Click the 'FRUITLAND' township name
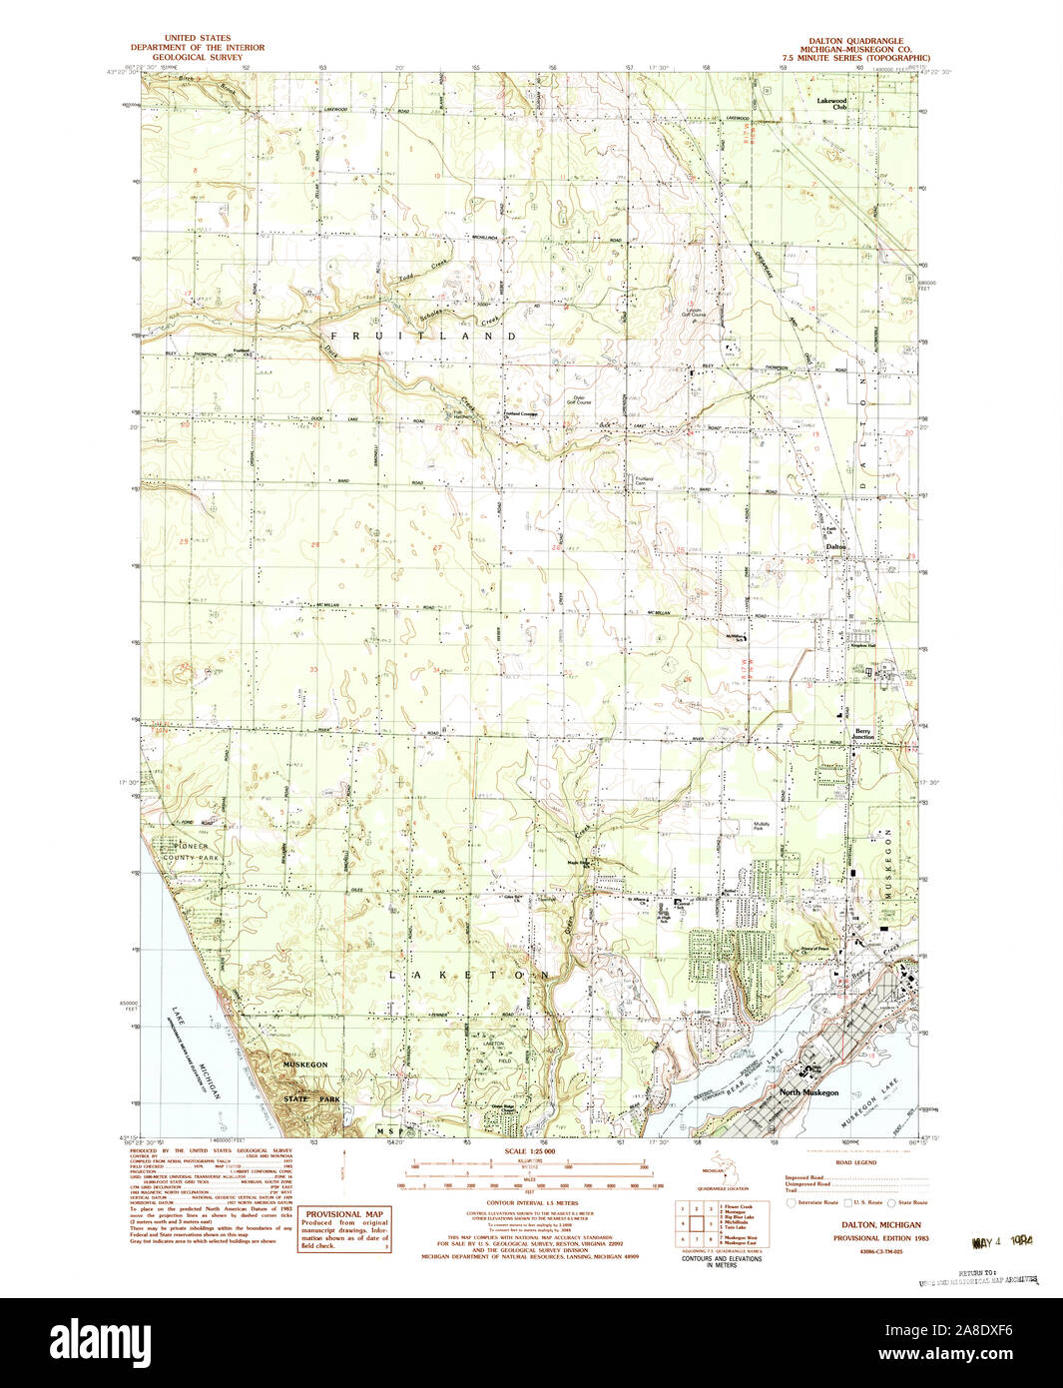[x=423, y=337]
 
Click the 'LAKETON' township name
[x=468, y=974]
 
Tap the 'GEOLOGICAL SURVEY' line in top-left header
[x=199, y=57]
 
